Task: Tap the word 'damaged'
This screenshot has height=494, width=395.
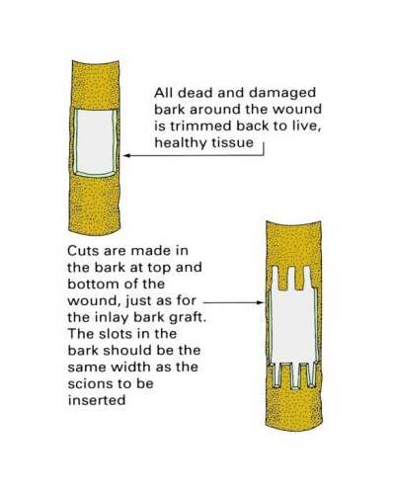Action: click(x=282, y=94)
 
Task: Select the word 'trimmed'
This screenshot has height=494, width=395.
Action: click(x=201, y=126)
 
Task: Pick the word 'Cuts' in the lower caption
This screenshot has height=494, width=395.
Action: click(x=83, y=251)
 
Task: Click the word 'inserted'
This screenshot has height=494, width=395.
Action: click(x=97, y=400)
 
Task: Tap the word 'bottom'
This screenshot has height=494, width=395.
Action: click(x=90, y=285)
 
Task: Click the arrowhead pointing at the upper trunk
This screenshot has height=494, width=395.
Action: click(x=126, y=155)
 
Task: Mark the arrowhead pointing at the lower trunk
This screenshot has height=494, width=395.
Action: click(x=261, y=302)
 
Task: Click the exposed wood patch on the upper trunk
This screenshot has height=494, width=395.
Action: click(x=95, y=142)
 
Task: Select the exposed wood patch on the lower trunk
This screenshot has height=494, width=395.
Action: click(x=293, y=326)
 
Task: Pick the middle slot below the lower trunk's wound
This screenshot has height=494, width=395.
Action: click(x=295, y=375)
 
